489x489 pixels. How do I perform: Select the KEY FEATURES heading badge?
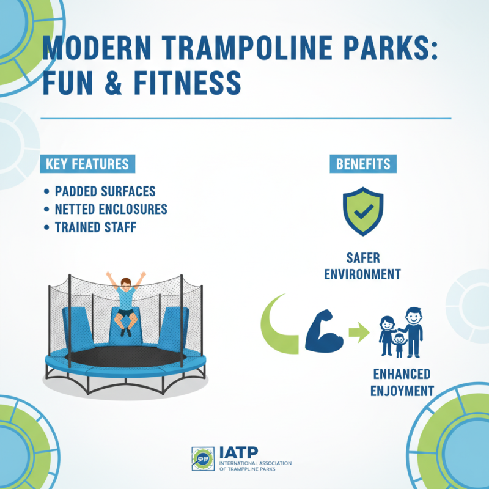tap(87, 164)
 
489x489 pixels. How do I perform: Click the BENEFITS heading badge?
tap(363, 164)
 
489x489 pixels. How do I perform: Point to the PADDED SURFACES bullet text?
tap(105, 191)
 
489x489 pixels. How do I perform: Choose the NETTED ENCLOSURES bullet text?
tap(111, 209)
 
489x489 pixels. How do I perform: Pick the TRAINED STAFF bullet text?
tap(95, 227)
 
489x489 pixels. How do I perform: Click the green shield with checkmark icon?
tap(363, 211)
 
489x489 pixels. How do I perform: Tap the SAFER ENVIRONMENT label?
tap(363, 266)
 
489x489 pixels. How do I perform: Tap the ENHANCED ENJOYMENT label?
tap(401, 382)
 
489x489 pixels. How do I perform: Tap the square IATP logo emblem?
tap(202, 458)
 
